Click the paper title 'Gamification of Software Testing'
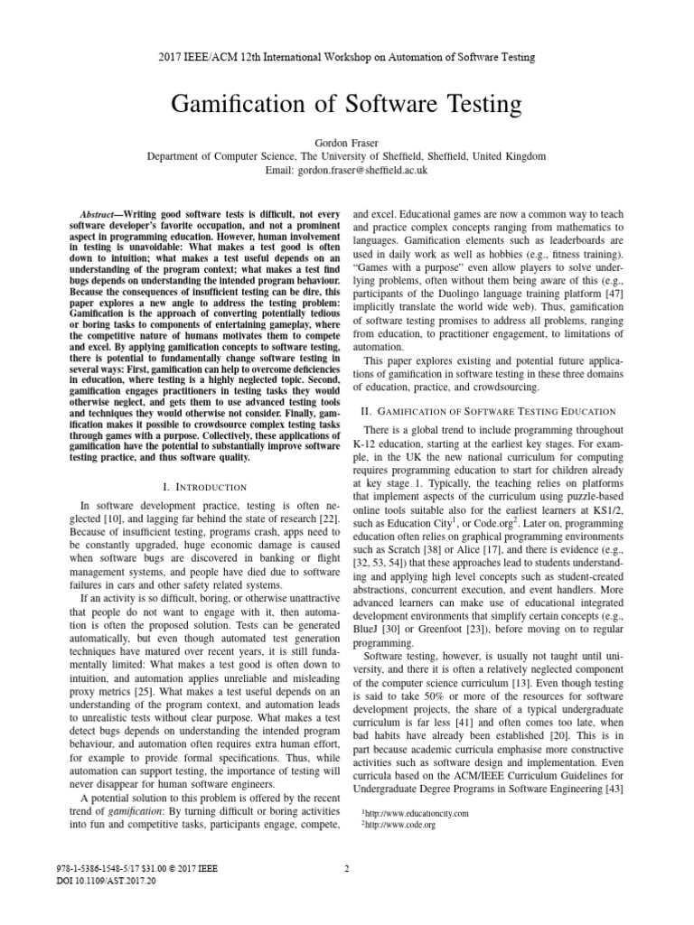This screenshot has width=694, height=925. coord(347,104)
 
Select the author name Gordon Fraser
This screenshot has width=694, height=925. coord(347,143)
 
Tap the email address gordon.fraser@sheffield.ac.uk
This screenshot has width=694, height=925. coord(347,169)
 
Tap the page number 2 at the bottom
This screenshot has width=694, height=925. coord(347,869)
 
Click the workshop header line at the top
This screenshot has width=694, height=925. coord(347,57)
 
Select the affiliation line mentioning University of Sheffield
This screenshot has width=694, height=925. coord(347,156)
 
